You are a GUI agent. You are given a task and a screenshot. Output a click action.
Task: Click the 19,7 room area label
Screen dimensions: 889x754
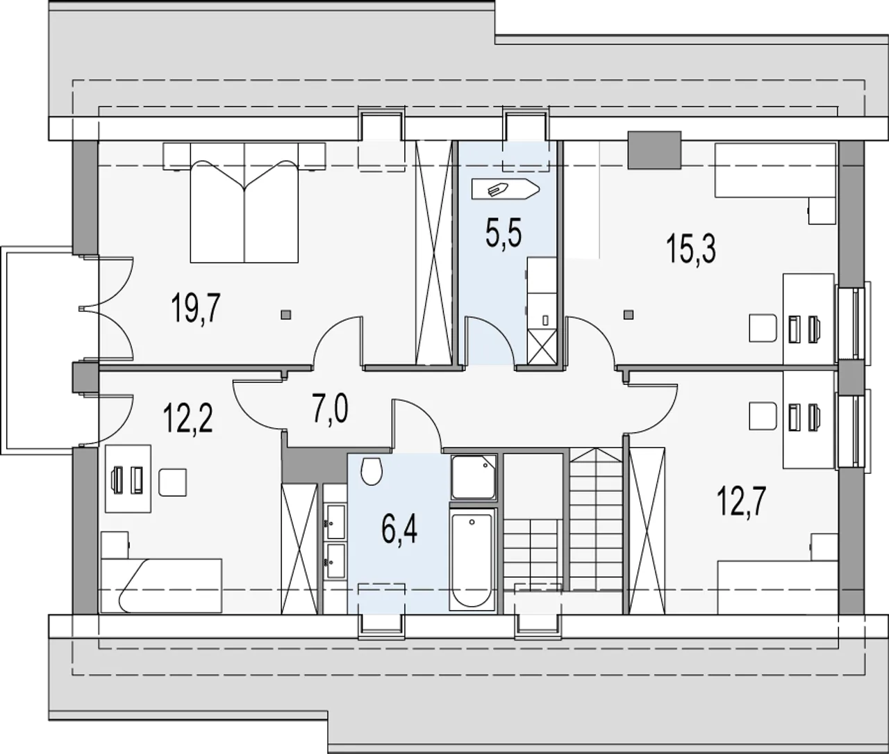[196, 307]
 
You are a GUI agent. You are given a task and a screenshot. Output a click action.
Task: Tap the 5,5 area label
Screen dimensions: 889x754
[504, 233]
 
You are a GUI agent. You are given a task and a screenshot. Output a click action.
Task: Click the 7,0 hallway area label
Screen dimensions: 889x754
[331, 410]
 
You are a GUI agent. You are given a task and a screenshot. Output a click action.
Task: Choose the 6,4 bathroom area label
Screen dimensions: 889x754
[399, 531]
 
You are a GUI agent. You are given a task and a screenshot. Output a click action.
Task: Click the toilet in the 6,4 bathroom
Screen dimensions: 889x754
[372, 470]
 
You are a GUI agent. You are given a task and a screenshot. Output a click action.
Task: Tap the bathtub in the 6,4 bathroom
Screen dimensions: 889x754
[472, 559]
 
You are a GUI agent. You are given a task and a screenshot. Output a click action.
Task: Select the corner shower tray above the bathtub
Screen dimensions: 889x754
[473, 477]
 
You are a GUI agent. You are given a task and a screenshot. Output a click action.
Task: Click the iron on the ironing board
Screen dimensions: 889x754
[497, 189]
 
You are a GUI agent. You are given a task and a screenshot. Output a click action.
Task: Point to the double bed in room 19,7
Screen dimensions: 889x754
[244, 202]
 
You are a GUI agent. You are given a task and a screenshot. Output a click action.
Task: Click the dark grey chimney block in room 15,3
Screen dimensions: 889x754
[655, 150]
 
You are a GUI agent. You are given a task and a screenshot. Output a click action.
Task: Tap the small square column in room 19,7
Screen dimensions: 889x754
[286, 315]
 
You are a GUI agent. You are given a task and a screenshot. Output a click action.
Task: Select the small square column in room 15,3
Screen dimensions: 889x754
[629, 315]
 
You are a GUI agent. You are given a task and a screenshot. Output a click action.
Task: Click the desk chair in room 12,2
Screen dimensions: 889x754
[172, 482]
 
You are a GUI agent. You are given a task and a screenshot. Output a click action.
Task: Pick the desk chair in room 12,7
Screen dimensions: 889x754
[763, 416]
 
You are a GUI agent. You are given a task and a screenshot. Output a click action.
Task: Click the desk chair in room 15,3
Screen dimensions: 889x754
[763, 328]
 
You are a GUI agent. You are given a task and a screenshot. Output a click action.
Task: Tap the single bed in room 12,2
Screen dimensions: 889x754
[161, 585]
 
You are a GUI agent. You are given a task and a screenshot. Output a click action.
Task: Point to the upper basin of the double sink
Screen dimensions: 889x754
[336, 522]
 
